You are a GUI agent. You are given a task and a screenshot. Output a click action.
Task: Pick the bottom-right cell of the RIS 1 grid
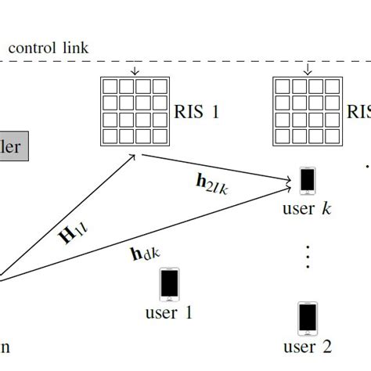tap(160, 136)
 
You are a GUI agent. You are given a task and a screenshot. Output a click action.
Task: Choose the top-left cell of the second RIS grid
tap(283, 86)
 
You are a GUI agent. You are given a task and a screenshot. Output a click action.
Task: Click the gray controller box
tap(13, 146)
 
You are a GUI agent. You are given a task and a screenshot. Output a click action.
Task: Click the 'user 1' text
tap(168, 314)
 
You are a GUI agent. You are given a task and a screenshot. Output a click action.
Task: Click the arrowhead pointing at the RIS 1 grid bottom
tap(134, 157)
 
